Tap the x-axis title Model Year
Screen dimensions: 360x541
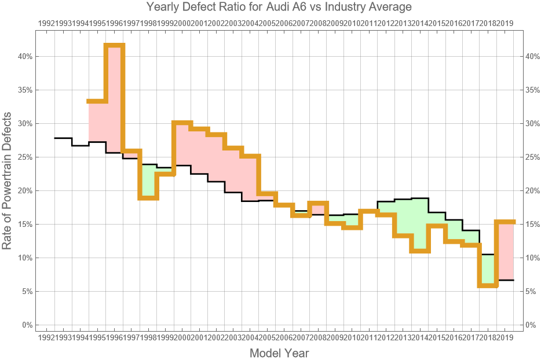pos(279,352)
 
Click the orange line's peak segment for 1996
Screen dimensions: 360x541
pos(115,46)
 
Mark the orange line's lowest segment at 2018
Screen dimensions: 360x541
pos(488,285)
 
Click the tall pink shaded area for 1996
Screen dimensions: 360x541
pos(115,98)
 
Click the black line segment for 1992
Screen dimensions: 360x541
pos(63,138)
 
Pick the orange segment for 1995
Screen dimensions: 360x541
pos(97,101)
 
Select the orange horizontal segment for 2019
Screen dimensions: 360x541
pos(505,222)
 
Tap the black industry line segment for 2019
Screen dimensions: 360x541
pos(505,280)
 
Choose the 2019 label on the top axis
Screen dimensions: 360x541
pos(505,23)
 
